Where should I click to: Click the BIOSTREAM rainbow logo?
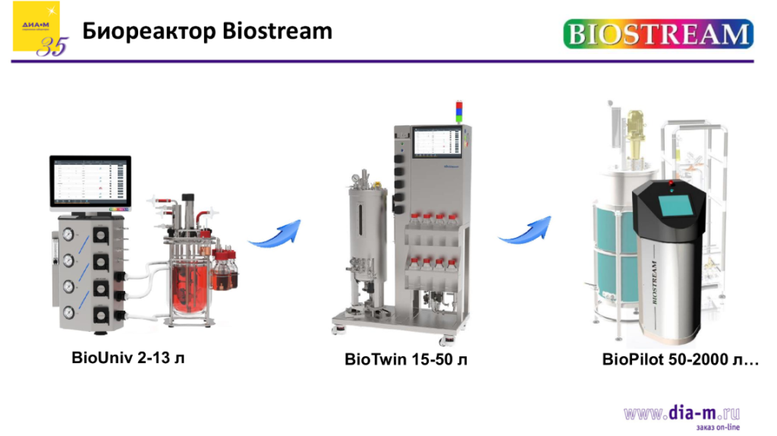click(x=658, y=34)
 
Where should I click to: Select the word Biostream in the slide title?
click(x=278, y=31)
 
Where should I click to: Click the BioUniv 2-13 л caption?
click(x=128, y=357)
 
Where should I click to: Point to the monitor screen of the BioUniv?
click(x=90, y=182)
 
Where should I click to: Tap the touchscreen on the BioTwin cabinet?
click(x=437, y=143)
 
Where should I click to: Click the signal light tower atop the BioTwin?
click(x=458, y=110)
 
